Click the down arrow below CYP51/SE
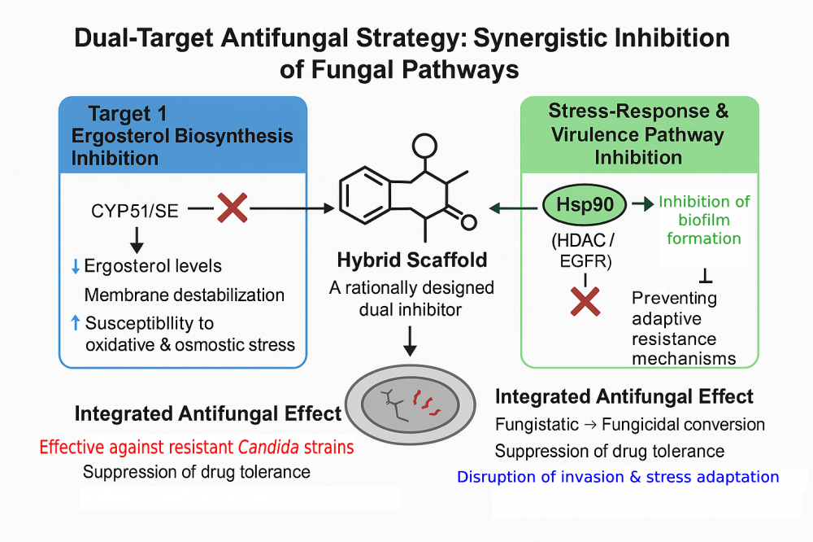(137, 238)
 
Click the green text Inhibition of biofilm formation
(704, 220)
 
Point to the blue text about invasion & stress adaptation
(618, 477)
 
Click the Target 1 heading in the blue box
(128, 115)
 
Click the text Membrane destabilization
(185, 295)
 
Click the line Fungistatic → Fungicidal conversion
(630, 425)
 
